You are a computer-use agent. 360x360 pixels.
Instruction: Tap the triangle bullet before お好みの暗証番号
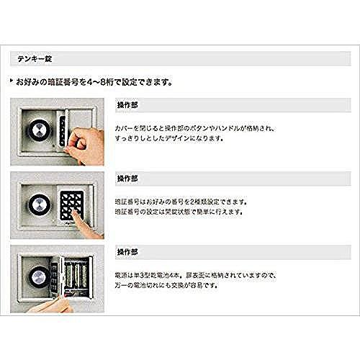pos(12,81)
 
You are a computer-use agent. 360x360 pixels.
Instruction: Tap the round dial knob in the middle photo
pos(37,202)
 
